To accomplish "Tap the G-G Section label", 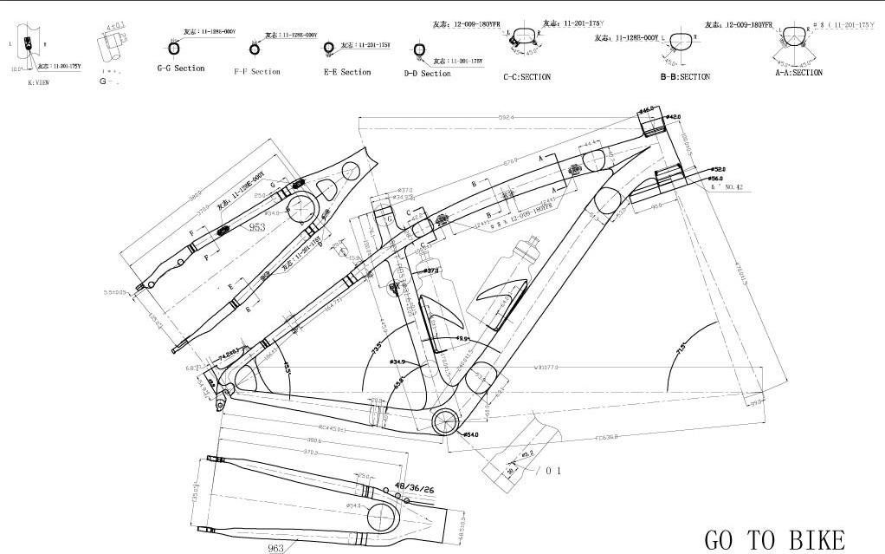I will (181, 68).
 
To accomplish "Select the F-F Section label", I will (257, 71).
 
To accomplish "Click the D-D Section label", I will (427, 74).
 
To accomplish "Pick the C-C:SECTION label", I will (526, 76).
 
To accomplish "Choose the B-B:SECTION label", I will (684, 77).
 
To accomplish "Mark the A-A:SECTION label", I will (798, 73).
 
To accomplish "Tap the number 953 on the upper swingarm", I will (257, 227).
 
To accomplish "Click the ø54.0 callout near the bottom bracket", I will (472, 434).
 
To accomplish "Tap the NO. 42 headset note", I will (727, 186).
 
